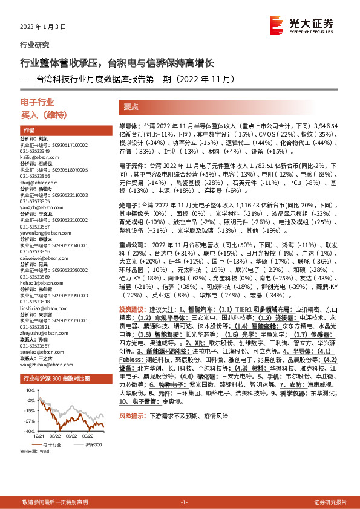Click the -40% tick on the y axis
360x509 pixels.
coord(28,431)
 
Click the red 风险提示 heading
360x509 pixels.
coord(133,417)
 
